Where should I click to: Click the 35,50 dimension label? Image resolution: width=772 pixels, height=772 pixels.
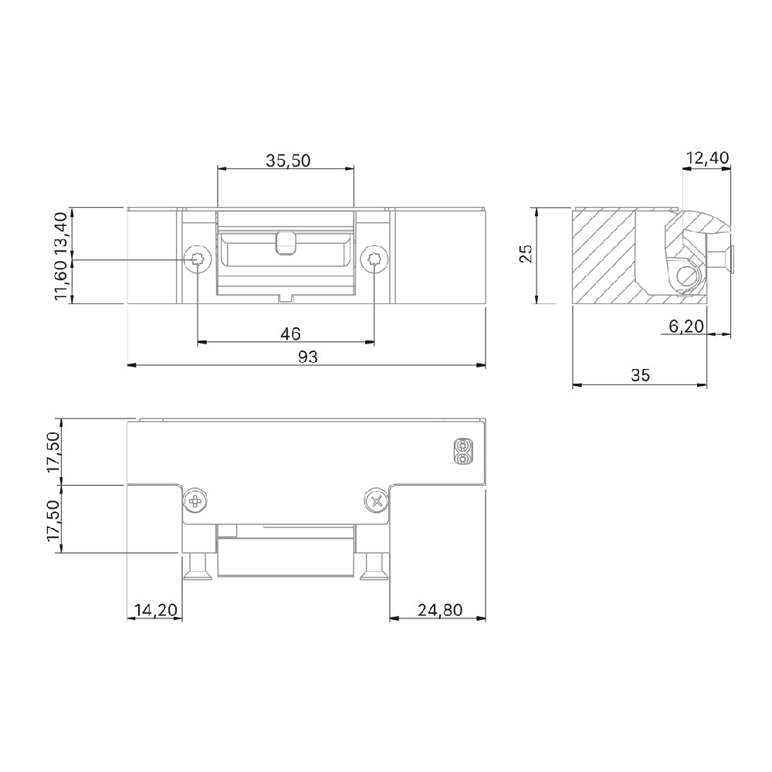pos(288,161)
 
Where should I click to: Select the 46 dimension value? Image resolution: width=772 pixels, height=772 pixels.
pos(289,334)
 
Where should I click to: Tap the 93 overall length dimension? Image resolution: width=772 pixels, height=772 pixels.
pos(307,356)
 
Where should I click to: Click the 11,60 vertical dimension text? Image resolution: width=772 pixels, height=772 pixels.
pos(62,283)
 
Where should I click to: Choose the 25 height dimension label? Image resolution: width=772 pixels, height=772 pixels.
pos(526,254)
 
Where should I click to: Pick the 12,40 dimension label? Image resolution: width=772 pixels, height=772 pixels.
pos(706,158)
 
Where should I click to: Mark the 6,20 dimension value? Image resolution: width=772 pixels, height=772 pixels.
pos(686,327)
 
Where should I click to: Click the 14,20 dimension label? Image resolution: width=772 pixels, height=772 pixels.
pos(155,610)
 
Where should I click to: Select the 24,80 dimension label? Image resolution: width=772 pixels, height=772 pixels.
pos(439,610)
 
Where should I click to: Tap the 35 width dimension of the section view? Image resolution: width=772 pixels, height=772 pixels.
pos(640,375)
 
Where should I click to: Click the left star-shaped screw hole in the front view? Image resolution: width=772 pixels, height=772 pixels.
pos(198,260)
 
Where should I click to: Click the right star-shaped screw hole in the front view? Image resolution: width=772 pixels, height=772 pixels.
pos(374,260)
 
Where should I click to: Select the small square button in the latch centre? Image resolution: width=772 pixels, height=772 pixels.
pos(285,242)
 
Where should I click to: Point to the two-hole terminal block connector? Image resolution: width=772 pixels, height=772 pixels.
pos(462,452)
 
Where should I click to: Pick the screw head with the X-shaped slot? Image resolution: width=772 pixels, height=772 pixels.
pos(376,502)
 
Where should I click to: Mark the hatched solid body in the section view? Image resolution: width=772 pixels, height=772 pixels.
pos(604,255)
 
